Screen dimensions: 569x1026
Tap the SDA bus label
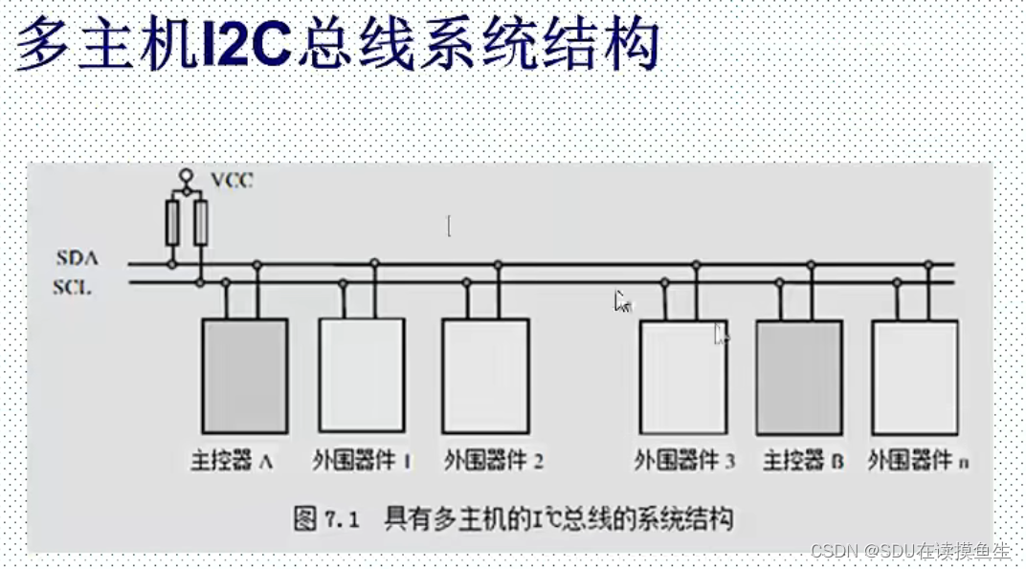point(78,258)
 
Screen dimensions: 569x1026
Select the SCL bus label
point(73,286)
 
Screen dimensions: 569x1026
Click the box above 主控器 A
point(244,375)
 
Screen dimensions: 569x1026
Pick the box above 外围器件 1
point(361,375)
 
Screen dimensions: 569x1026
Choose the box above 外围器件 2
point(485,375)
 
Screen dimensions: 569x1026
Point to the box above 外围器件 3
point(682,377)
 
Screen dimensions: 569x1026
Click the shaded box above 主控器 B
point(799,377)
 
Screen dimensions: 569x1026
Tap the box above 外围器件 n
point(915,377)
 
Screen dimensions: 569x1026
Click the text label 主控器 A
point(233,460)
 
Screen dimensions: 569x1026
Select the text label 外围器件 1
point(362,460)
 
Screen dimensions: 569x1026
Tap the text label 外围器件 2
point(493,460)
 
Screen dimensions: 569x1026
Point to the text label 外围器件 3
point(683,460)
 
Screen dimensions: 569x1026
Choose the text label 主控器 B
point(802,460)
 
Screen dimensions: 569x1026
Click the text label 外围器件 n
point(917,460)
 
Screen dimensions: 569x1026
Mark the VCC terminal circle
point(187,176)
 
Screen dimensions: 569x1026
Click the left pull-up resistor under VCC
point(172,223)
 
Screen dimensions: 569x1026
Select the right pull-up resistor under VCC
point(200,223)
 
